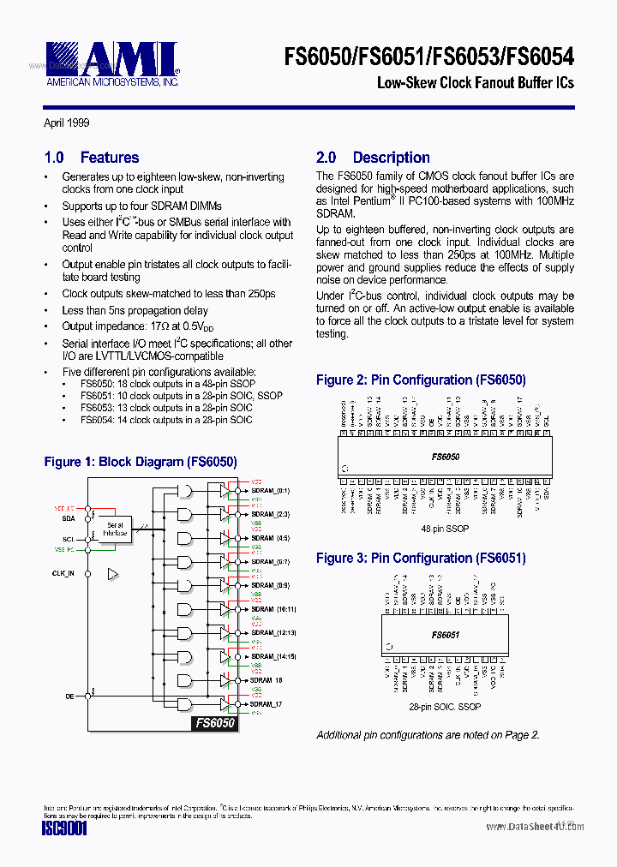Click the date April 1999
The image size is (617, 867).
(67, 123)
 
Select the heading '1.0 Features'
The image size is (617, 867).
(91, 158)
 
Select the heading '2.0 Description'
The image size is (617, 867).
(373, 158)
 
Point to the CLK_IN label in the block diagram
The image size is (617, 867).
(63, 572)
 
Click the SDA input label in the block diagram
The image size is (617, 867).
(68, 518)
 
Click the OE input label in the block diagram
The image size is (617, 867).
(69, 697)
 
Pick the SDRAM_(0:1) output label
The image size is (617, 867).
(270, 491)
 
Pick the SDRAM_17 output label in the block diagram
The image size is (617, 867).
(266, 704)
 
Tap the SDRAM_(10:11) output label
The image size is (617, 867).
(273, 609)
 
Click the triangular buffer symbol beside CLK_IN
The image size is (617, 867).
(112, 573)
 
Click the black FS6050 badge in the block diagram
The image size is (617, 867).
(213, 723)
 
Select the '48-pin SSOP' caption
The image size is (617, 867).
(445, 529)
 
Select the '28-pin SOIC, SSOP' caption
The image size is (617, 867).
(445, 707)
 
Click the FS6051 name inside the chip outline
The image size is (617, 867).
(446, 635)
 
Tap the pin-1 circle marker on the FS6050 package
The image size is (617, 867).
(344, 468)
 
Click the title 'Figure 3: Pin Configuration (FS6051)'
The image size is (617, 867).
(421, 559)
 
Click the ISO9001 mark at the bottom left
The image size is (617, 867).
(65, 829)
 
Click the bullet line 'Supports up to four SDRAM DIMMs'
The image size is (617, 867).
(141, 206)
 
